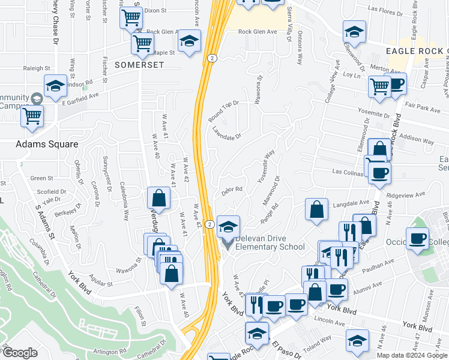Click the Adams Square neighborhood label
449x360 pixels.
click(x=47, y=144)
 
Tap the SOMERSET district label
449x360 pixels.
click(x=123, y=64)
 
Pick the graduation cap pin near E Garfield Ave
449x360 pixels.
click(x=55, y=88)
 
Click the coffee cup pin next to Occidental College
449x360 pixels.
click(x=418, y=238)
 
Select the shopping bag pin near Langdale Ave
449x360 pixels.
click(x=316, y=210)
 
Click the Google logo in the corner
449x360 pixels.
click(x=19, y=352)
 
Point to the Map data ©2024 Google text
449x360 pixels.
click(x=412, y=355)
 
